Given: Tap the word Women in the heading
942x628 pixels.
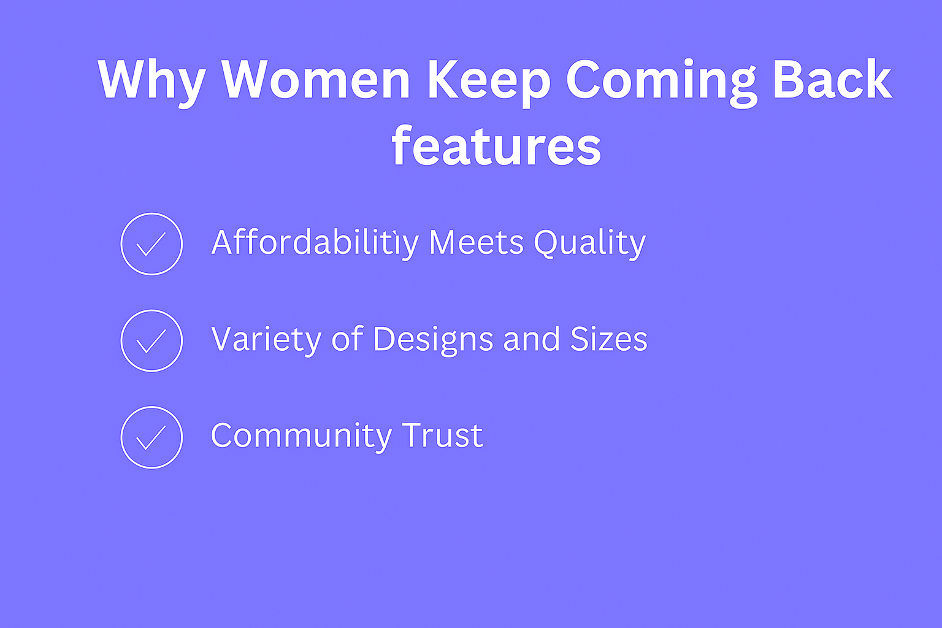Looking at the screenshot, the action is click(316, 79).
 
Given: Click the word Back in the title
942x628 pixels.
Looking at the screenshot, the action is click(832, 79).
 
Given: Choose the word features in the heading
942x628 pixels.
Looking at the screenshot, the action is click(496, 145).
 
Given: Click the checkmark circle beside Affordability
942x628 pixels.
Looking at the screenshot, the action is click(152, 213).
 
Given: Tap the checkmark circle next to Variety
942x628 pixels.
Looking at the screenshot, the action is click(152, 310).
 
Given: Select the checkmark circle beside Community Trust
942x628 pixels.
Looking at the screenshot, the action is click(152, 407).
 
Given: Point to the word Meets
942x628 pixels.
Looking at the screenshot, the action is click(477, 243).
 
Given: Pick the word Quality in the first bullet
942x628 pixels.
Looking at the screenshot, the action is click(589, 244).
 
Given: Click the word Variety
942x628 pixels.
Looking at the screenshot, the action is click(266, 340).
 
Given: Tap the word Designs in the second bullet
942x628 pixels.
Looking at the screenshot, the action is click(433, 340).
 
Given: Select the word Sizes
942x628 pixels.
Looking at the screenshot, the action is click(609, 339).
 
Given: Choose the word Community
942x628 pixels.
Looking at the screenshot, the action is click(301, 437).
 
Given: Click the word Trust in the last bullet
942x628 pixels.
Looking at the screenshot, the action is click(442, 435).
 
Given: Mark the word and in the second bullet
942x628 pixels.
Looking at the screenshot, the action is click(532, 338).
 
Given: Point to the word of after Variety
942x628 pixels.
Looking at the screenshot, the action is click(347, 338).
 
